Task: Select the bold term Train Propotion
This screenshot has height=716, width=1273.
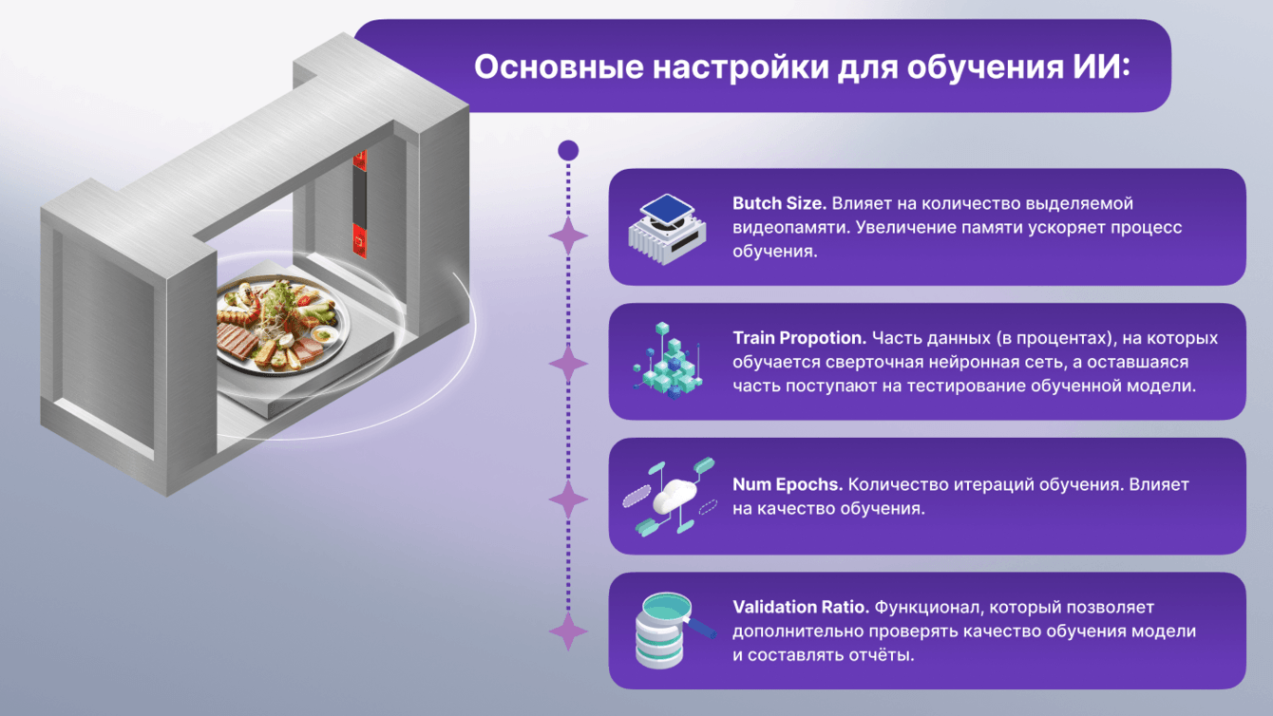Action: [798, 339]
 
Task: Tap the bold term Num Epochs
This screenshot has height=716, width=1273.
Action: [788, 484]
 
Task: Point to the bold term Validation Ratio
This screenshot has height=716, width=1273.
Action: [801, 607]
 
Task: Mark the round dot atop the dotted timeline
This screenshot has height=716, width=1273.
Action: [568, 150]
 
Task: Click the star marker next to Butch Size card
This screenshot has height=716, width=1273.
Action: [568, 236]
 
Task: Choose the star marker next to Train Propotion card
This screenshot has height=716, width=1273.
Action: [568, 364]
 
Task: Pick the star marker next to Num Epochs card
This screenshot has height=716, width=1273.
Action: [568, 499]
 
